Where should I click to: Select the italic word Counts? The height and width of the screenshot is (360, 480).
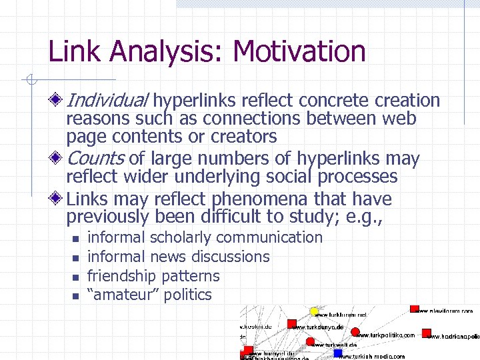click(x=95, y=159)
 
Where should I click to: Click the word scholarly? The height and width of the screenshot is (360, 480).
click(x=181, y=237)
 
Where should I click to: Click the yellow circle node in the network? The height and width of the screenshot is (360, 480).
click(x=315, y=311)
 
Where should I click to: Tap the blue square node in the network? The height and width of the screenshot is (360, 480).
click(x=338, y=353)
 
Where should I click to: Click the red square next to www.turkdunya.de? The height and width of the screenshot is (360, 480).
click(x=291, y=324)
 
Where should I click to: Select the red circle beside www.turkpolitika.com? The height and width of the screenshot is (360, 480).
click(x=355, y=331)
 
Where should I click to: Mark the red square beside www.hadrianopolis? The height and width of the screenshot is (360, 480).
click(x=427, y=333)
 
